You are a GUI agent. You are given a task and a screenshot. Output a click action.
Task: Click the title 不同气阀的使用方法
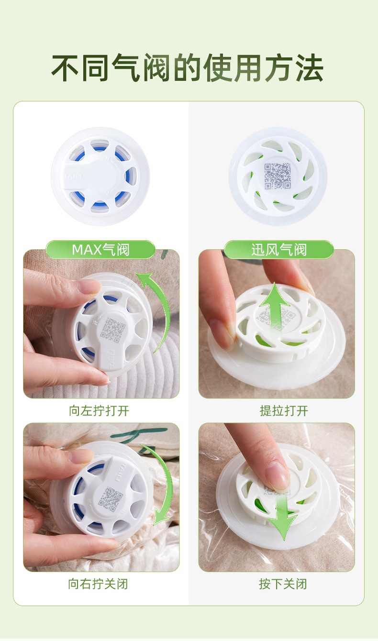pyautogui.click(x=188, y=68)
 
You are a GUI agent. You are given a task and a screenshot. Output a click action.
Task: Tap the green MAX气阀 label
pyautogui.click(x=100, y=250)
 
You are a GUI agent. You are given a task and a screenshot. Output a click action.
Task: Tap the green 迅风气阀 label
pyautogui.click(x=279, y=250)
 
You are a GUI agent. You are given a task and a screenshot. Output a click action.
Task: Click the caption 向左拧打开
pyautogui.click(x=99, y=411)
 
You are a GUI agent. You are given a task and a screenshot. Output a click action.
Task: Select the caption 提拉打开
pyautogui.click(x=284, y=411)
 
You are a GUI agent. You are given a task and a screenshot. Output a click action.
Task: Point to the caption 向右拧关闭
pyautogui.click(x=98, y=584)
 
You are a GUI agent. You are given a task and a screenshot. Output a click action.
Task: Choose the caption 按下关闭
pyautogui.click(x=283, y=584)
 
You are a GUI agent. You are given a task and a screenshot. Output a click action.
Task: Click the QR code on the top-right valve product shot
pyautogui.click(x=278, y=176)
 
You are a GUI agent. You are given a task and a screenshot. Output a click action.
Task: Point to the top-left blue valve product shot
pyautogui.click(x=100, y=176)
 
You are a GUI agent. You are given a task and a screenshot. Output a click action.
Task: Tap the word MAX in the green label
pyautogui.click(x=87, y=250)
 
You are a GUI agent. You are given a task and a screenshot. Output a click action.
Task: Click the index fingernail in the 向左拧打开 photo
pyautogui.click(x=89, y=287)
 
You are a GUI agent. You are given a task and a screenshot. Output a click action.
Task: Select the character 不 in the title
pyautogui.click(x=65, y=68)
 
